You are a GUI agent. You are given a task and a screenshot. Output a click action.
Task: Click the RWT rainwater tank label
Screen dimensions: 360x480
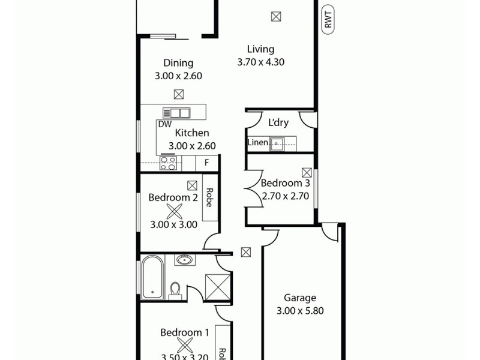coord(328,22)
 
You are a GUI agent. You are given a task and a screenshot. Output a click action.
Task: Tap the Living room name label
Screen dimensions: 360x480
coord(260,49)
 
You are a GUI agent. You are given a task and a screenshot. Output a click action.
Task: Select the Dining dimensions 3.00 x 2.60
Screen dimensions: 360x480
coord(178,76)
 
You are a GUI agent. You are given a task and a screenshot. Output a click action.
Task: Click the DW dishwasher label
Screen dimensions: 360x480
coord(165,124)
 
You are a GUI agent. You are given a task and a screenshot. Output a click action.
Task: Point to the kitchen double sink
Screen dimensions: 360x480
coord(176,112)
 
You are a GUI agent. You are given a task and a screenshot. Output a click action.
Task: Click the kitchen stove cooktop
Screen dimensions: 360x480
coord(168,163)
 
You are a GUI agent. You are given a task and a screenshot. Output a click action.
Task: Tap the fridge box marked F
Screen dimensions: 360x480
coord(207,163)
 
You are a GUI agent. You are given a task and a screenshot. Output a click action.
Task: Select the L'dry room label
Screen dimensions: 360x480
coord(278,122)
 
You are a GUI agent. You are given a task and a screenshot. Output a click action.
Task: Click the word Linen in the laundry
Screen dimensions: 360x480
coord(258,143)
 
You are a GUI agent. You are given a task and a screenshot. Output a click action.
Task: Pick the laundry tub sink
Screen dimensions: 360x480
coord(277,143)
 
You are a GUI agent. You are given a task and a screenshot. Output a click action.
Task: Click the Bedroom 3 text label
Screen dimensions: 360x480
coord(285,183)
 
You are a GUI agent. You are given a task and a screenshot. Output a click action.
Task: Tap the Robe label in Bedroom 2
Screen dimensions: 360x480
coord(209,197)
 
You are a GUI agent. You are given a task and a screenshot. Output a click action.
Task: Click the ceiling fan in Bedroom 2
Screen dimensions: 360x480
coord(175,211)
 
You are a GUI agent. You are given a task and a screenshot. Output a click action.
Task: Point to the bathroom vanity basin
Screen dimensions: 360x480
coord(185,260)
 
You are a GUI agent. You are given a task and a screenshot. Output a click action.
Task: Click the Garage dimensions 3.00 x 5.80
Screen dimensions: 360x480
coord(300,311)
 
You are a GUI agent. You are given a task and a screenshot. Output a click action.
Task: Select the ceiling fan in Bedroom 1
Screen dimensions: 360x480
coord(185,345)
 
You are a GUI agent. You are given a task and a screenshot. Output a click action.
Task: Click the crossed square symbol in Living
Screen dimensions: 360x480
coord(275,16)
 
